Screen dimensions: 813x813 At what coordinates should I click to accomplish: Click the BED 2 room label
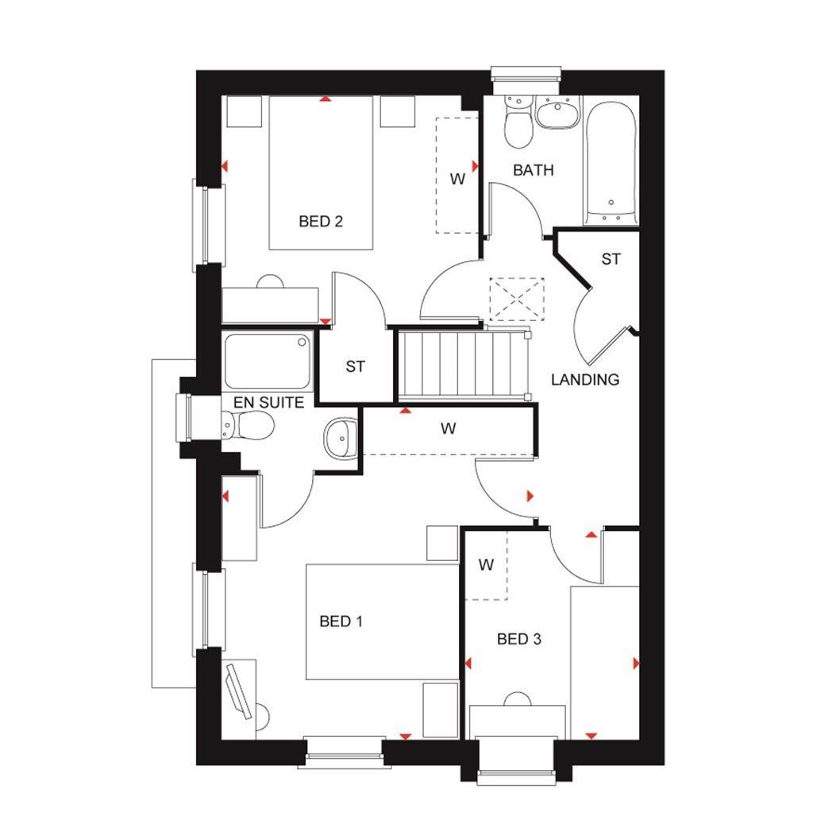(x=321, y=222)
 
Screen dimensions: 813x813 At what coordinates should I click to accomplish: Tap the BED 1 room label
(x=341, y=621)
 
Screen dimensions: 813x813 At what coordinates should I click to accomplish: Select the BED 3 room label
(x=518, y=639)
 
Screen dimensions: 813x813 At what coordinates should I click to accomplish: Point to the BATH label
(x=533, y=170)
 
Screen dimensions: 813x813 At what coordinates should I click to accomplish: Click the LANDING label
(x=585, y=380)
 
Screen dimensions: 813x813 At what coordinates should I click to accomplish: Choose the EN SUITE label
(x=268, y=403)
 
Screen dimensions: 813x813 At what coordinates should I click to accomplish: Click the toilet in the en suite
(x=250, y=427)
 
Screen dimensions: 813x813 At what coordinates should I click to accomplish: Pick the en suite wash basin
(x=340, y=438)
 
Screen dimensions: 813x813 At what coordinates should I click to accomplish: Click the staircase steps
(x=463, y=365)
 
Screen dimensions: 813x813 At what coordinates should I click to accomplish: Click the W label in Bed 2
(x=457, y=180)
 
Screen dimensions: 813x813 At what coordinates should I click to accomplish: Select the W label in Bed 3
(x=486, y=566)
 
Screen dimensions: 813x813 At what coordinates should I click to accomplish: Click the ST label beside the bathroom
(x=611, y=259)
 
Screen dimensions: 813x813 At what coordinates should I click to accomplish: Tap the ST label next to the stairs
(x=355, y=367)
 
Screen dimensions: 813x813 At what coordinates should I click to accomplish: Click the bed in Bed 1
(x=382, y=621)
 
